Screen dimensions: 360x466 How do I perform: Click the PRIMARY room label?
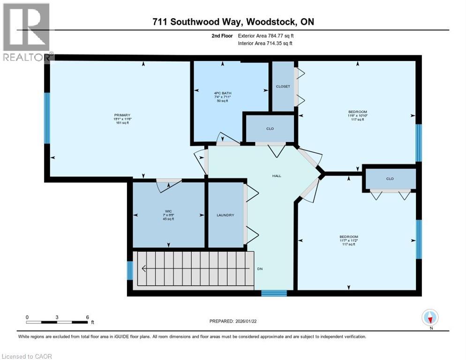tap(122, 115)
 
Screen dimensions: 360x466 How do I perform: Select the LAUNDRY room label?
tap(225, 215)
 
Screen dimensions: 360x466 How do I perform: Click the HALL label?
tap(277, 176)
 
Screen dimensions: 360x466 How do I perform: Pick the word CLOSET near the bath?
tap(283, 87)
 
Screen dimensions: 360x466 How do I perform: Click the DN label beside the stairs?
tap(259, 269)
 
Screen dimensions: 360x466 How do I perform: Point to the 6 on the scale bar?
tap(87, 317)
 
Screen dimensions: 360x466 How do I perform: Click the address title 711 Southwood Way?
tap(233, 22)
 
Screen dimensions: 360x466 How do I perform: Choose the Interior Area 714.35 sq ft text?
tap(265, 44)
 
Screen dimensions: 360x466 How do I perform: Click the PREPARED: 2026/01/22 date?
tap(233, 321)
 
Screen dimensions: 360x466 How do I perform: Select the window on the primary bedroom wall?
tap(47, 118)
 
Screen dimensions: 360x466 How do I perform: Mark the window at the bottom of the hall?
tap(274, 293)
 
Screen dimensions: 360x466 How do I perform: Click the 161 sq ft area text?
tap(122, 123)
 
